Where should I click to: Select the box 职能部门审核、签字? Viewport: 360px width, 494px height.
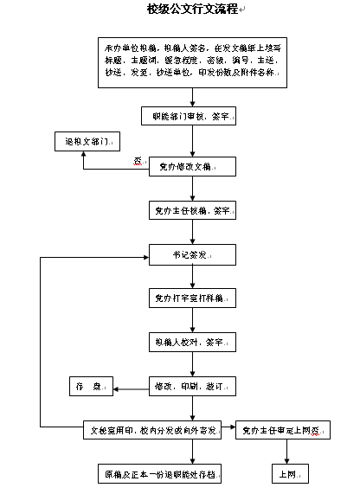coord(191,115)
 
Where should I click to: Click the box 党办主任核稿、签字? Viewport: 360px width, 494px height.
coord(191,209)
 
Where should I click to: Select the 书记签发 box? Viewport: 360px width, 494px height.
coord(191,256)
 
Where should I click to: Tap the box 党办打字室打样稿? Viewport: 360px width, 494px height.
coord(191,298)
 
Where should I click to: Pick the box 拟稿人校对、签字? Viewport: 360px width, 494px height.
coord(191,343)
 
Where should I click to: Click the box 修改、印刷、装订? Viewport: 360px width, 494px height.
coord(191,386)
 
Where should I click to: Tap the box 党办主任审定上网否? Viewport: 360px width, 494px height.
coord(281,429)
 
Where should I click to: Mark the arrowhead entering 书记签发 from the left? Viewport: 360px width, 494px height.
coord(147,256)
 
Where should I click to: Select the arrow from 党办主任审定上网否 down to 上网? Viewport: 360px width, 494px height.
coord(286,452)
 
